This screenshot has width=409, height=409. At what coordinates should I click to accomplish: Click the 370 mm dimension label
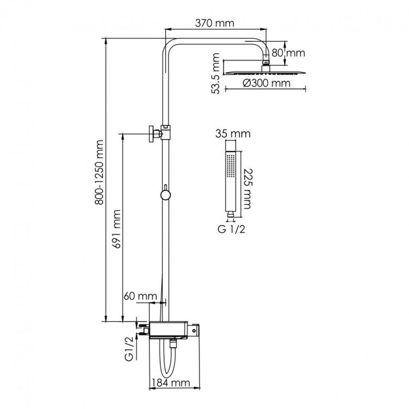216,23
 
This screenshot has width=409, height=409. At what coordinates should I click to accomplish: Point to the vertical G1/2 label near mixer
130,349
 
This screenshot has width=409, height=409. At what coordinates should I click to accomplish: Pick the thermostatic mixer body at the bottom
173,329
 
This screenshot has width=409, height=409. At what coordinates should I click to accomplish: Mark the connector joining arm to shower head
265,63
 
